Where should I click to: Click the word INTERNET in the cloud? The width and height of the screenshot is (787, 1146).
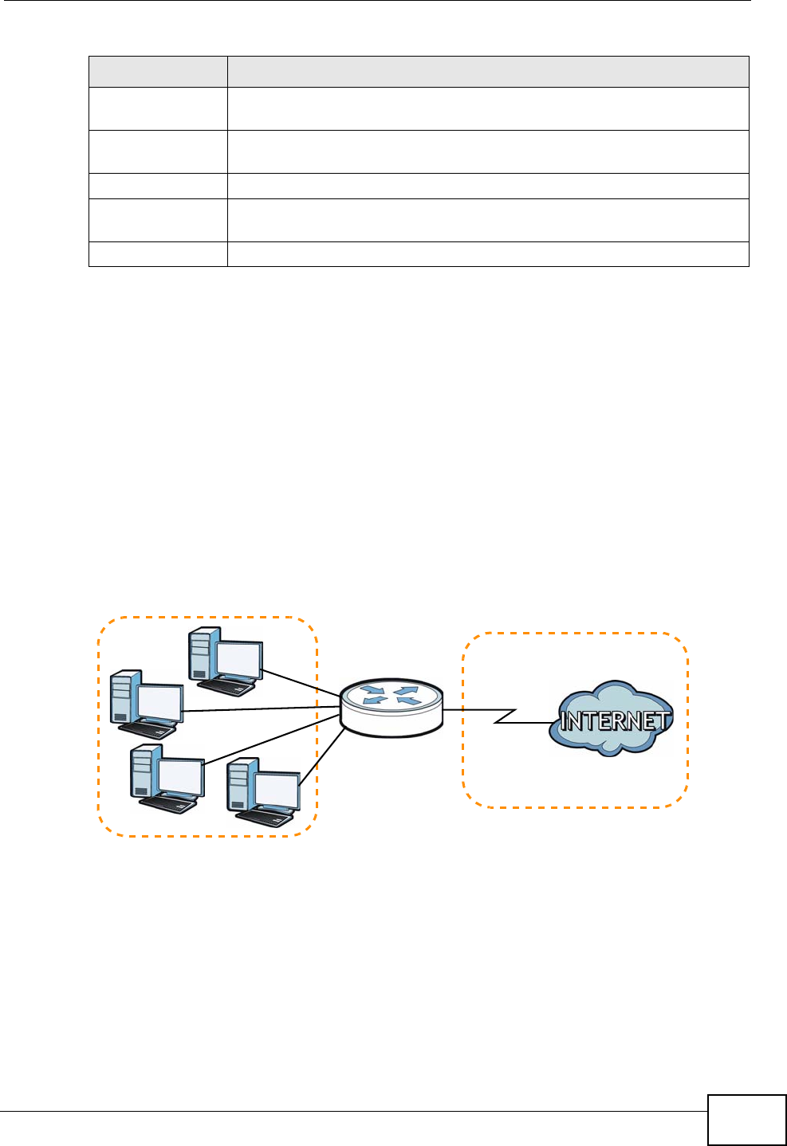pyautogui.click(x=614, y=721)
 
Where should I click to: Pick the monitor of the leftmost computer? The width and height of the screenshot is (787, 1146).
pyautogui.click(x=159, y=702)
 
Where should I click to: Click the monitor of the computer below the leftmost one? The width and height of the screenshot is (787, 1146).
pyautogui.click(x=179, y=777)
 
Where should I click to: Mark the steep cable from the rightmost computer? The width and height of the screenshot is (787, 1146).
pyautogui.click(x=322, y=758)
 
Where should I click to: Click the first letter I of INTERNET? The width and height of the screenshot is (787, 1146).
pyautogui.click(x=564, y=722)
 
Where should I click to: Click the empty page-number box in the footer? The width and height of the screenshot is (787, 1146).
pyautogui.click(x=746, y=1120)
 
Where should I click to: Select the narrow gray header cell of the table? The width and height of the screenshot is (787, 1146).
pyautogui.click(x=158, y=72)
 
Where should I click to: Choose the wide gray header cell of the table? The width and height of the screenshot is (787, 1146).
pyautogui.click(x=488, y=72)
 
